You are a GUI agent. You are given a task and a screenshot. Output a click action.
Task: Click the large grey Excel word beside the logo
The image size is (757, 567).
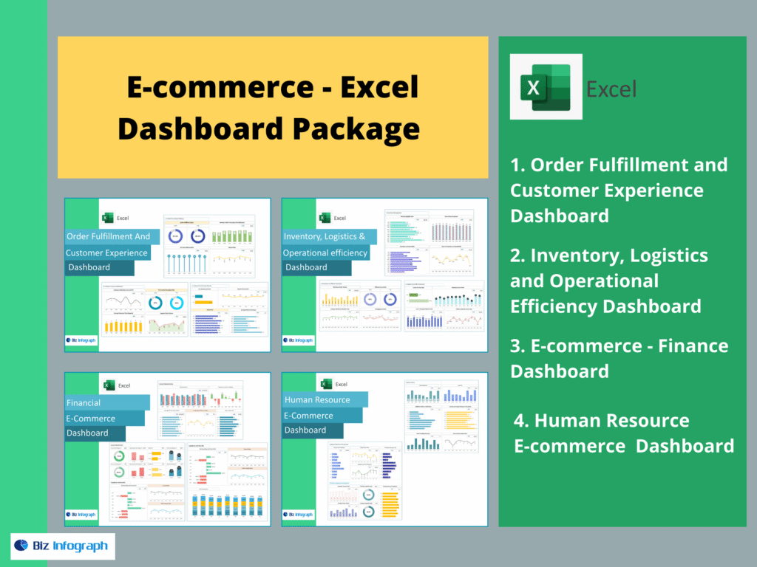(x=611, y=89)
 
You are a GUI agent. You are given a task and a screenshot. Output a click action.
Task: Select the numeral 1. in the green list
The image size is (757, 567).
(x=517, y=165)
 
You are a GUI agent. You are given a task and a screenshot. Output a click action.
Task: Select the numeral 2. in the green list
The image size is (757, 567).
(x=518, y=256)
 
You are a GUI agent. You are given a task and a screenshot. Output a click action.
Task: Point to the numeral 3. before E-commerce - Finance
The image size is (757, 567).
(x=518, y=346)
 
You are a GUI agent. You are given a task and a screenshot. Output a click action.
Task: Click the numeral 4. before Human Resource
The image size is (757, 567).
(x=521, y=421)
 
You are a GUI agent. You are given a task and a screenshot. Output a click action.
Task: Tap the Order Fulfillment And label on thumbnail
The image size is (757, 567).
(x=109, y=236)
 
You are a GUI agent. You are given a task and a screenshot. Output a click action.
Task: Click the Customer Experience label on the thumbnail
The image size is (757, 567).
(x=106, y=252)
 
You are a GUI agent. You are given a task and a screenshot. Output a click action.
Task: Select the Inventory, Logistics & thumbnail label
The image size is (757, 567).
(x=325, y=237)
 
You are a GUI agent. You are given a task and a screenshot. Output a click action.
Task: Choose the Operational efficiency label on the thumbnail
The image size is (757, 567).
(x=326, y=252)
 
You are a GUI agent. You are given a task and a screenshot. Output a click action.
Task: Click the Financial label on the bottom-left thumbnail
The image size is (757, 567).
(x=84, y=403)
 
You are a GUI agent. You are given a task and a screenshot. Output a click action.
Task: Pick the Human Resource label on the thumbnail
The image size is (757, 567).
(x=317, y=399)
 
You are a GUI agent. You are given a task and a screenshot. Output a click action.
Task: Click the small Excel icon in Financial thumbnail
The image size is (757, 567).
(x=109, y=385)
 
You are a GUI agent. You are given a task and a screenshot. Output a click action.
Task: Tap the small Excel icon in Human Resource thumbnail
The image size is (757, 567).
(x=325, y=384)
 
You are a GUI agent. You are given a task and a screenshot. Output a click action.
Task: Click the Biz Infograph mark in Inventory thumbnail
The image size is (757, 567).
(x=298, y=340)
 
